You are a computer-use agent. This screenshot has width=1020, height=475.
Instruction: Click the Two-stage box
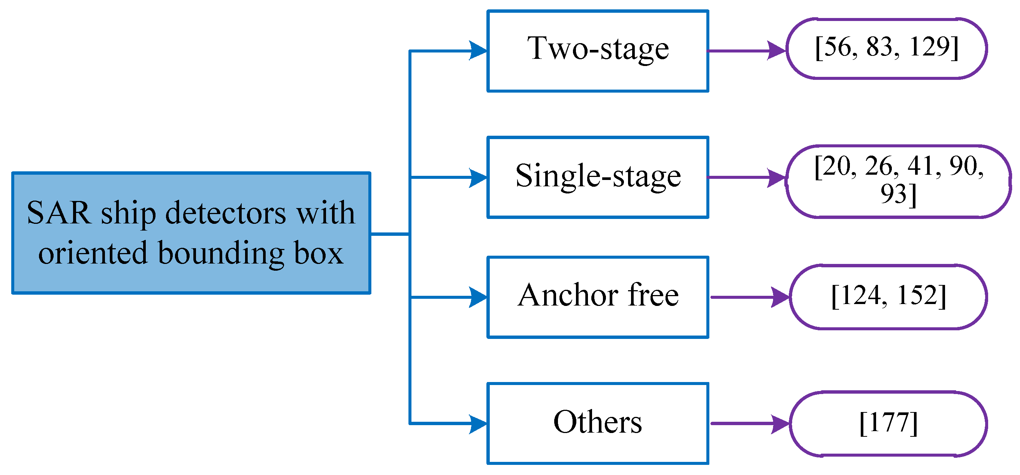point(598,51)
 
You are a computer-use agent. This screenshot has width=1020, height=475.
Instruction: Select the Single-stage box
point(598,177)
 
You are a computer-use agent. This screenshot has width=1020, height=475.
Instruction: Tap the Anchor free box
point(598,297)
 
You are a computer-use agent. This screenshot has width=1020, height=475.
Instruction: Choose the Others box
point(598,423)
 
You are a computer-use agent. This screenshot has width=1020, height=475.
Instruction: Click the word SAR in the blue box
point(58,213)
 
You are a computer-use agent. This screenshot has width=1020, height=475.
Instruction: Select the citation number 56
point(837,47)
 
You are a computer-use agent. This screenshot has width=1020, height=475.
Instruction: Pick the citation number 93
point(893,194)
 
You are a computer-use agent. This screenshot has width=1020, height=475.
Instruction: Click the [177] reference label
point(888,423)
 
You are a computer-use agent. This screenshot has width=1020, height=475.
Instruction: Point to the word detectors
point(225,213)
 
